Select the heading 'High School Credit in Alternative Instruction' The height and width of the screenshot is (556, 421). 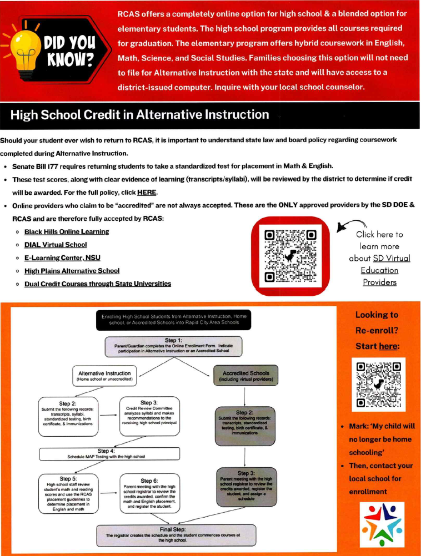[139, 115]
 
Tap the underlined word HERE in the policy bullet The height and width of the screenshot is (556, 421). [147, 193]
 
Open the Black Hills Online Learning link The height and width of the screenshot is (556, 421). [66, 231]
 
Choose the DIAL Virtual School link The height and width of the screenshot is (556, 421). [55, 244]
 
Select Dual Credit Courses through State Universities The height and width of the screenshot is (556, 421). [97, 284]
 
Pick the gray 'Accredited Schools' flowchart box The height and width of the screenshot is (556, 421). [246, 377]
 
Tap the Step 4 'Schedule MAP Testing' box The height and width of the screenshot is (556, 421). [109, 454]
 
